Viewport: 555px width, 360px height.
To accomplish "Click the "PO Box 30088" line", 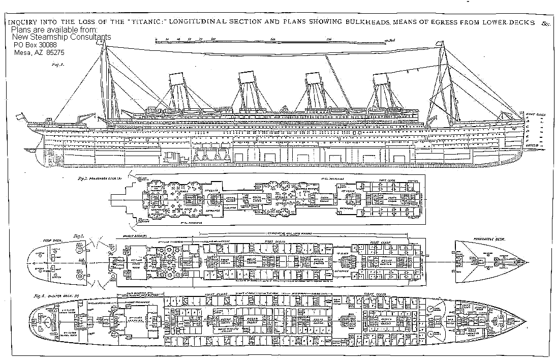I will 36,45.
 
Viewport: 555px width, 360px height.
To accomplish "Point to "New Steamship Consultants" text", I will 61,38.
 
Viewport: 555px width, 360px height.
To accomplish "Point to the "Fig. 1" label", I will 56,65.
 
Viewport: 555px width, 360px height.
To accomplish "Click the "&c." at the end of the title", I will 547,23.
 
